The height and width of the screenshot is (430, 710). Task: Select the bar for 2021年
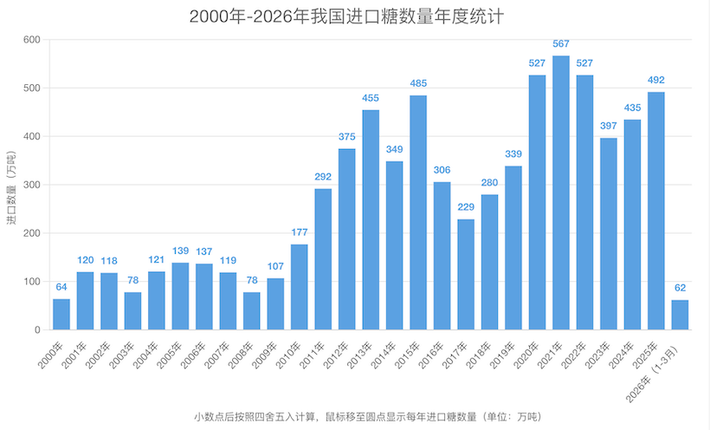[x=561, y=192]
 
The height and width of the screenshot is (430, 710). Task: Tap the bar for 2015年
[x=418, y=212]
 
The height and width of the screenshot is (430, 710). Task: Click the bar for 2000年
[x=61, y=314]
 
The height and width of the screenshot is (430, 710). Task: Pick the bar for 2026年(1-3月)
[x=680, y=315]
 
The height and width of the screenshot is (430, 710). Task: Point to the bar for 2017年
[x=466, y=274]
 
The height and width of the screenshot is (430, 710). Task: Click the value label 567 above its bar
[x=561, y=44]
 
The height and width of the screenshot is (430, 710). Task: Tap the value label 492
[x=656, y=81]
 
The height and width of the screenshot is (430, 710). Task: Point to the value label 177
[x=300, y=233]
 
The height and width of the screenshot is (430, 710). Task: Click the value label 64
[x=61, y=288]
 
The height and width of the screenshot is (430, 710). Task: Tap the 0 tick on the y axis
[x=36, y=330]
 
